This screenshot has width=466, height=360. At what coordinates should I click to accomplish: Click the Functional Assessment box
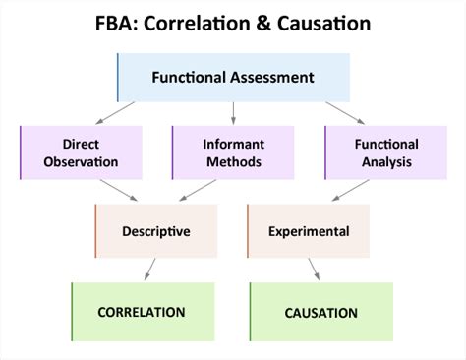click(x=233, y=77)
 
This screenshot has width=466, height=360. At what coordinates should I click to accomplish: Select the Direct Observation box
click(x=83, y=153)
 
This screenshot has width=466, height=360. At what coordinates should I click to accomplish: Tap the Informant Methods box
click(x=234, y=153)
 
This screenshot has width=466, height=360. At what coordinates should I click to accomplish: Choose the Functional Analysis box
click(x=385, y=153)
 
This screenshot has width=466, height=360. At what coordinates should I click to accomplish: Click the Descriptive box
click(x=156, y=231)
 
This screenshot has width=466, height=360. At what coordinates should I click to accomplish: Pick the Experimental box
click(x=309, y=231)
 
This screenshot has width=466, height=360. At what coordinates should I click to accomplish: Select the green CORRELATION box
click(x=143, y=312)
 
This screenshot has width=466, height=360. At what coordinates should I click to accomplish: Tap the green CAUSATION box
click(x=320, y=312)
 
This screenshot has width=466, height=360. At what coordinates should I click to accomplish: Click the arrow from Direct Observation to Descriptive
click(x=118, y=192)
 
